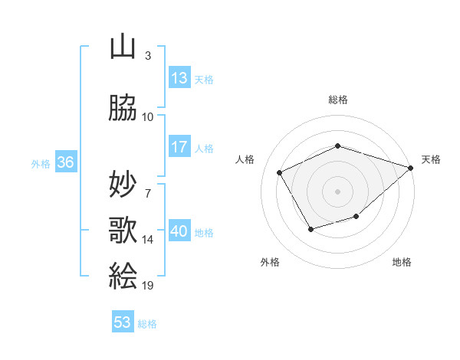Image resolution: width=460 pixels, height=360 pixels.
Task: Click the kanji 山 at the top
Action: click(123, 47)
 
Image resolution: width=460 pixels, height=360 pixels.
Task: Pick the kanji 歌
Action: click(123, 231)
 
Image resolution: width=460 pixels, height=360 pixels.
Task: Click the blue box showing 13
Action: click(179, 77)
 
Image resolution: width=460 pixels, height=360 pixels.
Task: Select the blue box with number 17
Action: click(179, 147)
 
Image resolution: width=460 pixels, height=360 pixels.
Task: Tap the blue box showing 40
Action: click(179, 231)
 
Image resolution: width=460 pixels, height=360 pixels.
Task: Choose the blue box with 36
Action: click(65, 162)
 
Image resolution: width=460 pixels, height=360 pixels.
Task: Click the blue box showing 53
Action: click(123, 322)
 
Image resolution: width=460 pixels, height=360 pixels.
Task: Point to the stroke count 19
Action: click(148, 285)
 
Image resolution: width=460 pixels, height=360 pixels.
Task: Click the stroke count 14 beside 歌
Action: click(148, 240)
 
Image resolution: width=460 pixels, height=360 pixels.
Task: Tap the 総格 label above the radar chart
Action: click(337, 100)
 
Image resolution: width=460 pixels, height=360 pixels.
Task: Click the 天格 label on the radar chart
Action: click(431, 159)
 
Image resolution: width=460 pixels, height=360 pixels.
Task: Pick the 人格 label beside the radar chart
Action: click(245, 159)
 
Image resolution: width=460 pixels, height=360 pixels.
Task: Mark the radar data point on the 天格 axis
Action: click(411, 167)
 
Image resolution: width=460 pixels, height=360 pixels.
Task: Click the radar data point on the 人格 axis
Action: click(280, 172)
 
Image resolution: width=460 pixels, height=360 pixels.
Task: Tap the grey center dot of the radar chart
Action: click(337, 191)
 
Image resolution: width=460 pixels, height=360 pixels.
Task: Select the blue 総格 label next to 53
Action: click(147, 324)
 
